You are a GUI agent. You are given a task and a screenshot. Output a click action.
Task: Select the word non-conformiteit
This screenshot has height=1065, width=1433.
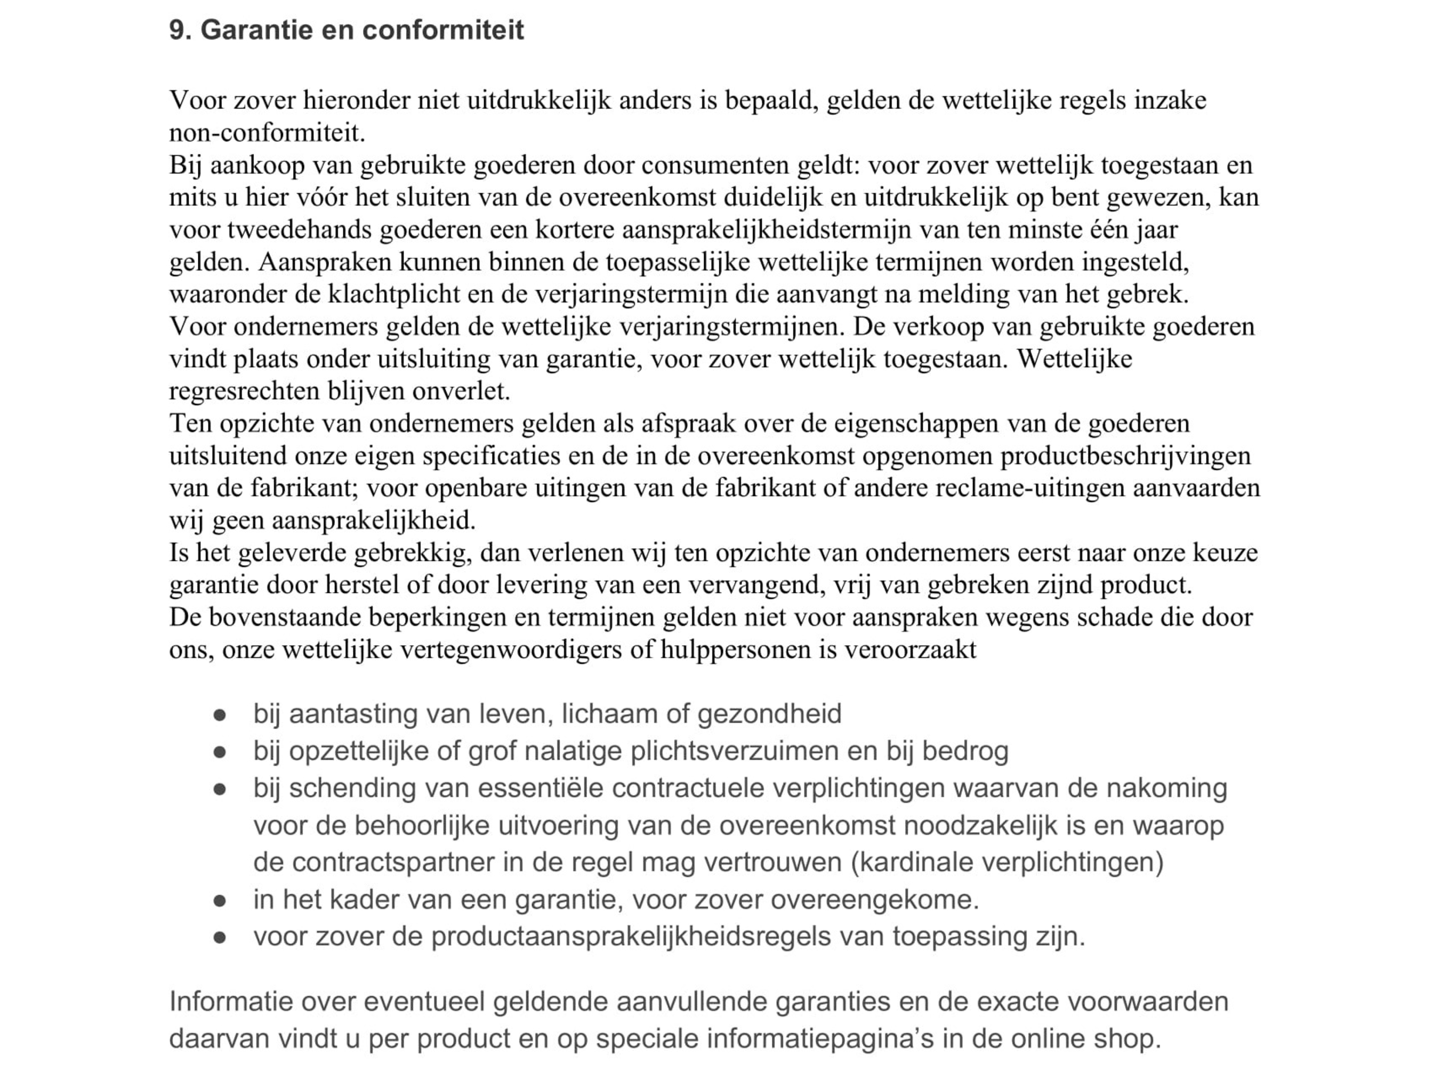pyautogui.click(x=267, y=133)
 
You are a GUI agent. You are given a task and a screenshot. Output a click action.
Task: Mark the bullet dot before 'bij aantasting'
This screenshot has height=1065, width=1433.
pyautogui.click(x=220, y=715)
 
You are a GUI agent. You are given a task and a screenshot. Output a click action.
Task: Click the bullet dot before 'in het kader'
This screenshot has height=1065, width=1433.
pyautogui.click(x=220, y=900)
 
